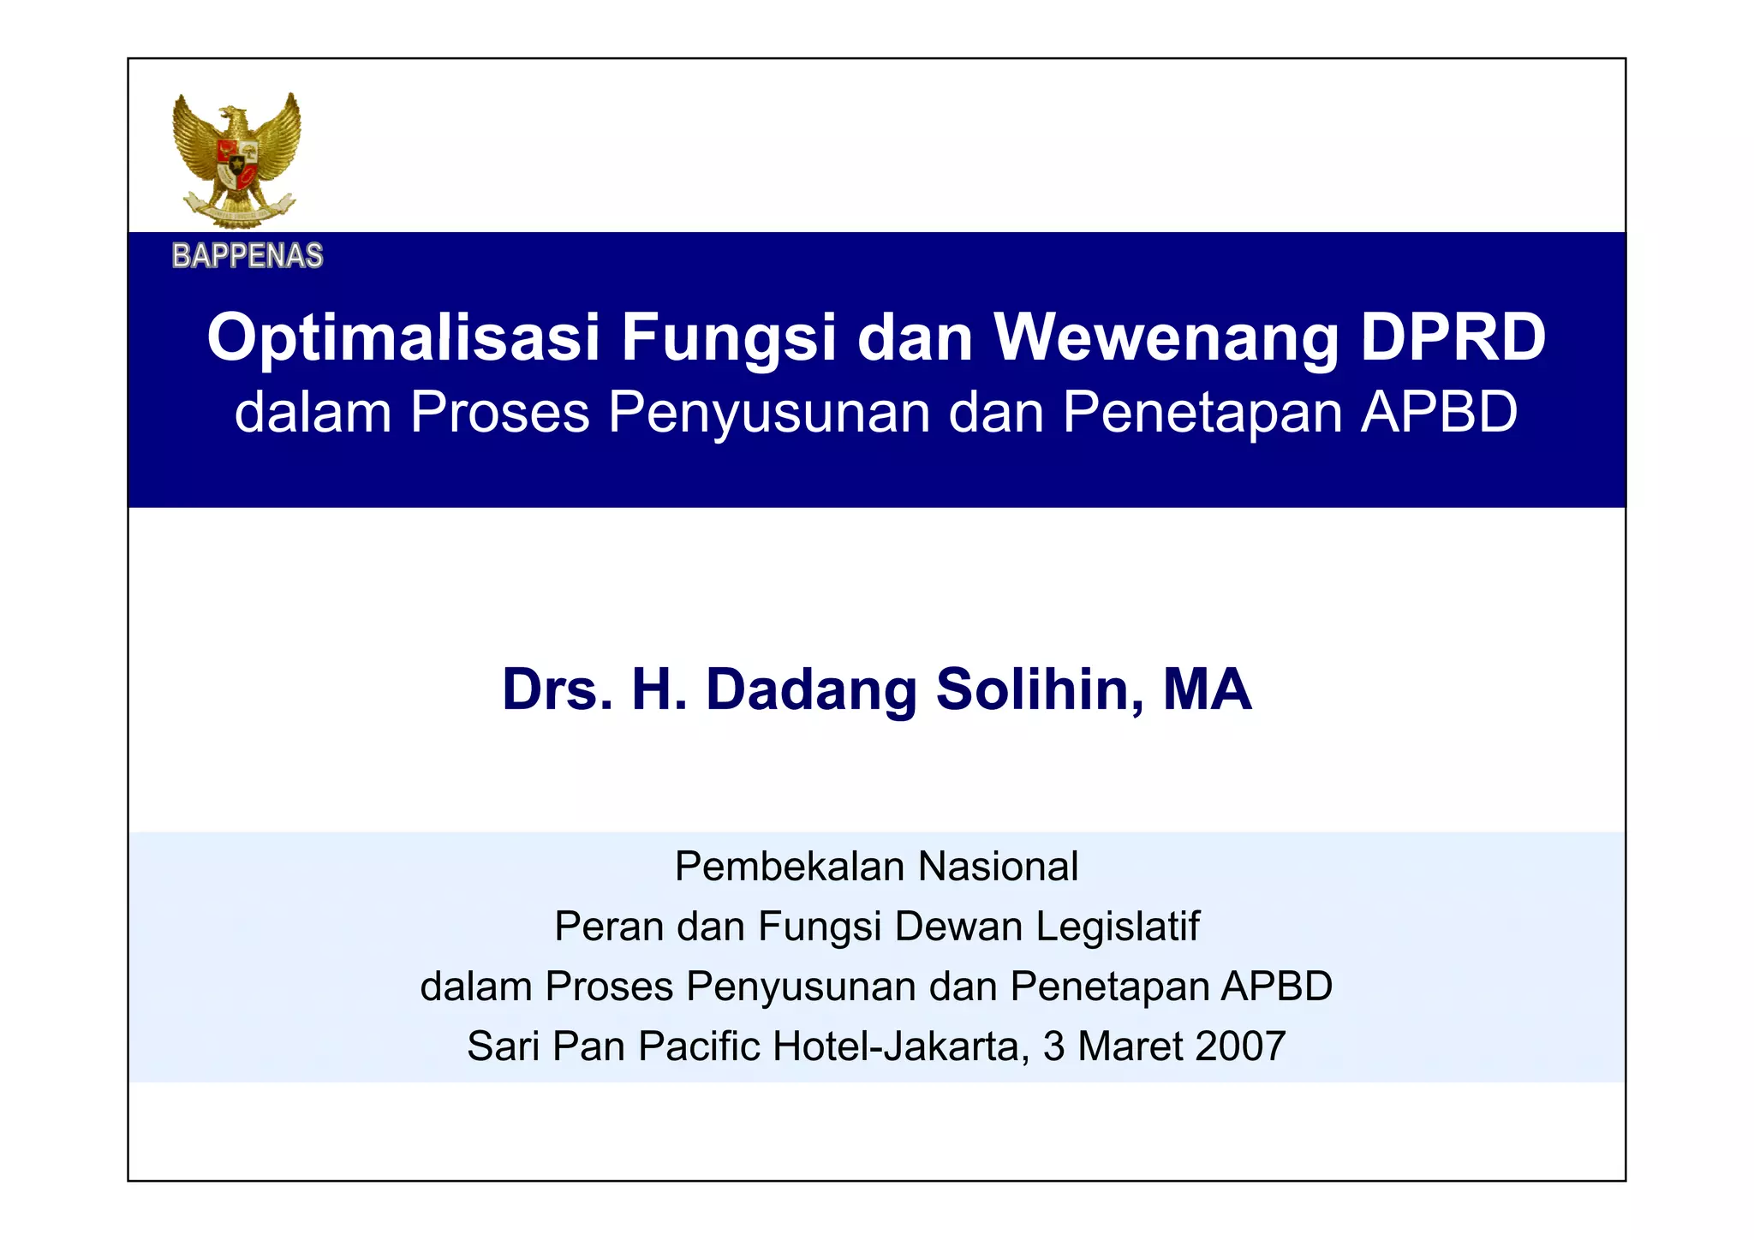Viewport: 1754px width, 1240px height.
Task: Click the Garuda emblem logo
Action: (x=236, y=160)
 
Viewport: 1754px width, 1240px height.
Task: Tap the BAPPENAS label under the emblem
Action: (x=248, y=255)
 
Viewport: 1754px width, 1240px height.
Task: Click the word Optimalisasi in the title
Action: (x=403, y=337)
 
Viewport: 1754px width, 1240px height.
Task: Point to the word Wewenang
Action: (x=1165, y=337)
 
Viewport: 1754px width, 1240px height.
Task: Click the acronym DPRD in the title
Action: (x=1453, y=337)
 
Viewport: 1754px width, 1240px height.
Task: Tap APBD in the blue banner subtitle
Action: (x=1439, y=412)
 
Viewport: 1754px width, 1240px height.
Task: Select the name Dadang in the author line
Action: (x=810, y=689)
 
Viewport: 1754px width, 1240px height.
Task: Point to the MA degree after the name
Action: (x=1207, y=689)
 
